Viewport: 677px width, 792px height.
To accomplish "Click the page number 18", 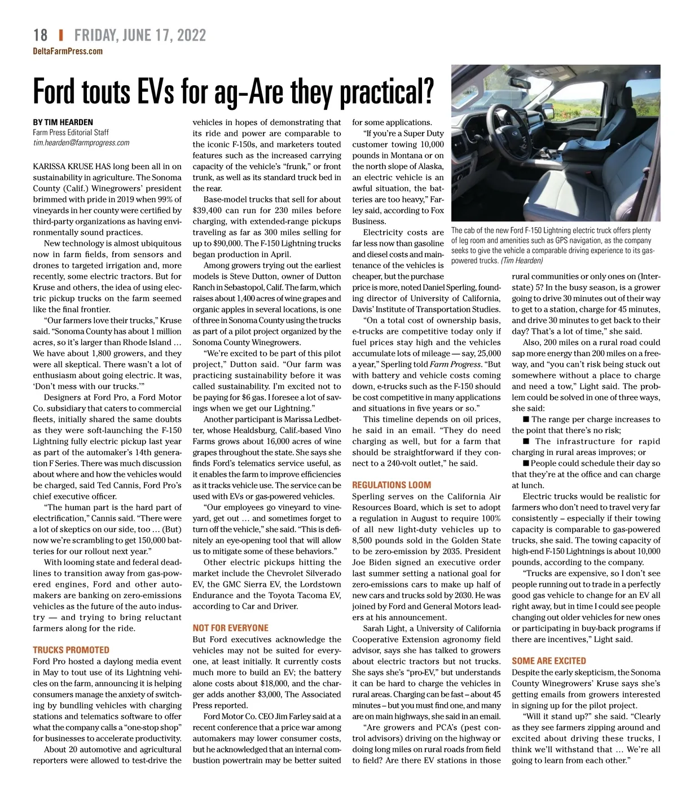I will (40, 36).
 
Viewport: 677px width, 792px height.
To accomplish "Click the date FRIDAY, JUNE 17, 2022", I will (140, 36).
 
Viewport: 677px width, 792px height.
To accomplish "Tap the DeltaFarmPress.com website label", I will (68, 51).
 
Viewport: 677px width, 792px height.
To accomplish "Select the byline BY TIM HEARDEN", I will (63, 122).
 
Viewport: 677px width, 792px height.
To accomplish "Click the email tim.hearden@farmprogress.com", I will (81, 143).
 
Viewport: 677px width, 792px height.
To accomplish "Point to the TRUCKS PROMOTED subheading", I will (71, 650).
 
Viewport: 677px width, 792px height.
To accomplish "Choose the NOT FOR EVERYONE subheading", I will (230, 628).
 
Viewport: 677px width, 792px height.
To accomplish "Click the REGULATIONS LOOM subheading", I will (392, 485).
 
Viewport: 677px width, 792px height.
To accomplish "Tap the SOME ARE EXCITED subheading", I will (549, 661).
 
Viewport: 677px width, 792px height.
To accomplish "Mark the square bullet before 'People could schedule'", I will (526, 463).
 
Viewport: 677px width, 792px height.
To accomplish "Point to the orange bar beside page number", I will (61, 36).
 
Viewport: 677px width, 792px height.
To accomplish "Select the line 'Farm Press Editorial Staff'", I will (71, 132).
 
